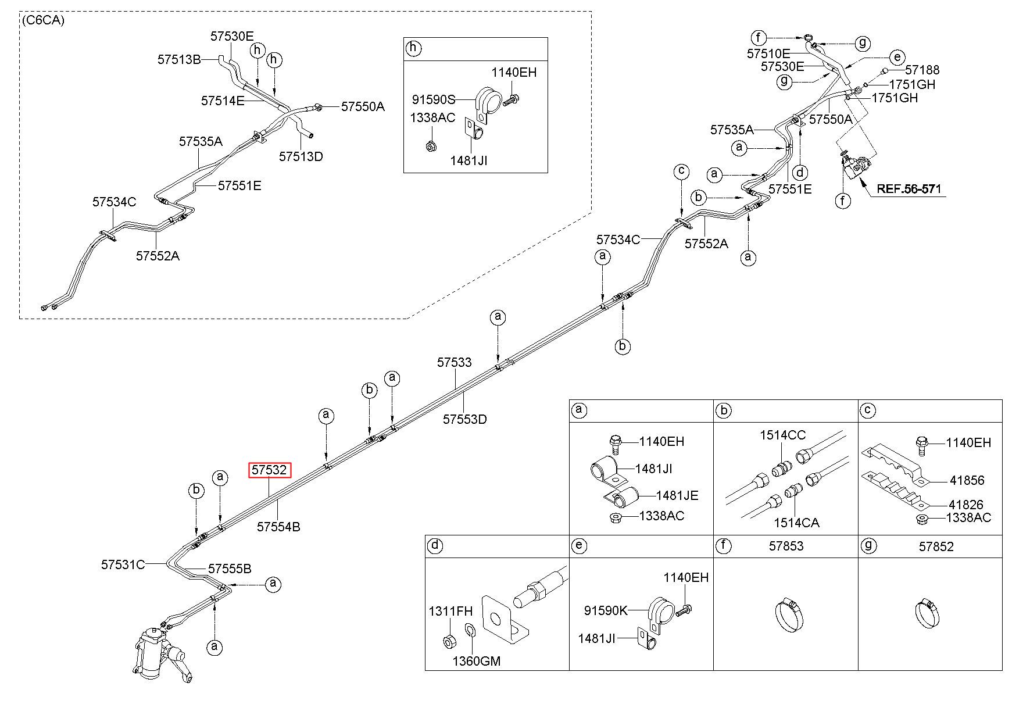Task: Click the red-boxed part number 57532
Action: pos(270,470)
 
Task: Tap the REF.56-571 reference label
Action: pos(909,189)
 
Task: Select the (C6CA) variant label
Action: pos(43,20)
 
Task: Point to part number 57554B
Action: pos(279,527)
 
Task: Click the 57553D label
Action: pos(465,419)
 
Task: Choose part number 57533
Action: pos(455,362)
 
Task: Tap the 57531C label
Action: pos(123,564)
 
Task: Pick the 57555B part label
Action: pos(230,569)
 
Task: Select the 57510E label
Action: pos(768,53)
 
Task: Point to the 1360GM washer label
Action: pos(477,661)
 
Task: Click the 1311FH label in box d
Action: pos(450,611)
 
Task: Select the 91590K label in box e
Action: pos(606,610)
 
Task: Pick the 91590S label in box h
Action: pos(434,99)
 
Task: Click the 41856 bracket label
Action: pos(967,480)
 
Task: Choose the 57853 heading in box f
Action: pos(786,546)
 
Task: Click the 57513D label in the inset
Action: pos(301,156)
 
